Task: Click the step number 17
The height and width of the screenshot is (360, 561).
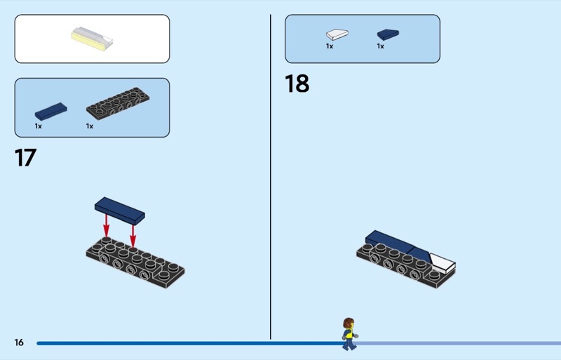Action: click(x=25, y=158)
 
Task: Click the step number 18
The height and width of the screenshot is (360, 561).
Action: click(x=297, y=84)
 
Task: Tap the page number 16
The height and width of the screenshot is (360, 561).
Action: click(x=19, y=342)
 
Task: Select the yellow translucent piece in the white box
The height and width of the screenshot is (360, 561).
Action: click(x=92, y=39)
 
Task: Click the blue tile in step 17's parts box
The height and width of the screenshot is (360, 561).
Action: click(x=50, y=112)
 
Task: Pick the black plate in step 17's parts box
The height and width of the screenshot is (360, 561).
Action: click(x=118, y=103)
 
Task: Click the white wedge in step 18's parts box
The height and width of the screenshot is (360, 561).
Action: click(x=337, y=34)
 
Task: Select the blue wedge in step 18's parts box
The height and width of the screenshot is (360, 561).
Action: click(x=388, y=34)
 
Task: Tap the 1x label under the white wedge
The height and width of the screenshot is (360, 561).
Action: click(x=330, y=46)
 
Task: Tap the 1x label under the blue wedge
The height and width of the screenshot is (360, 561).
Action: click(x=380, y=46)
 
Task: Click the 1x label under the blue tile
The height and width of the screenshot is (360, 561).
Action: click(x=39, y=126)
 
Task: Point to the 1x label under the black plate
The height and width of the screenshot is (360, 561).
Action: click(x=90, y=126)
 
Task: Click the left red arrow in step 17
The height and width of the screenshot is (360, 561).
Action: click(x=107, y=225)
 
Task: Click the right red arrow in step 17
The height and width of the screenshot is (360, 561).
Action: click(x=133, y=235)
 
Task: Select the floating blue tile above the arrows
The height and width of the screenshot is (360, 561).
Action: click(x=120, y=211)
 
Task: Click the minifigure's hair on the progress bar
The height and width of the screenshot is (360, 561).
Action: click(x=348, y=322)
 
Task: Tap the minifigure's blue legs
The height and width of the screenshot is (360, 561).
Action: click(x=349, y=344)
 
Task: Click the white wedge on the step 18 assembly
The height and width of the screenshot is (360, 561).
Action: click(x=442, y=263)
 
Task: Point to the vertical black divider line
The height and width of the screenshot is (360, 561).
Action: click(x=271, y=177)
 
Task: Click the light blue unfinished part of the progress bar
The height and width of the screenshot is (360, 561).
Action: click(x=459, y=343)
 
